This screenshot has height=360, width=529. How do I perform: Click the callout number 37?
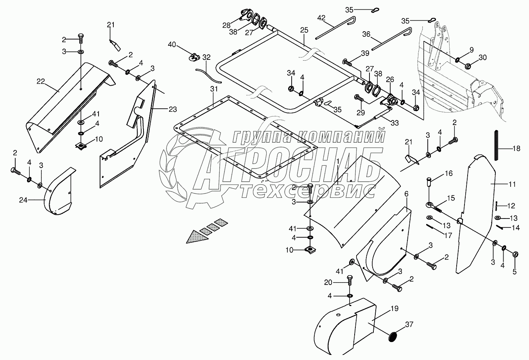[x=409, y=324]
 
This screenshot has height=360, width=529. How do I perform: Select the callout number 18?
[x=516, y=148]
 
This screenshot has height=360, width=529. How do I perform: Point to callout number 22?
[x=41, y=81]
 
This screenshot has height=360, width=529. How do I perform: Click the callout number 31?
[x=213, y=90]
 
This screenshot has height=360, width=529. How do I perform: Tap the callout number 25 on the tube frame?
[x=304, y=30]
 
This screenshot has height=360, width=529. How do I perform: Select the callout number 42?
[x=321, y=17]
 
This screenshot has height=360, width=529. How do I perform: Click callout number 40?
[x=172, y=44]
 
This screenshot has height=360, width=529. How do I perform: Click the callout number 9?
[x=471, y=50]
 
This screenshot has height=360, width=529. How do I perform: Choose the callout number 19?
[x=395, y=309]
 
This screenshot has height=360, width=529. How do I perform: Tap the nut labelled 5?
[x=515, y=254]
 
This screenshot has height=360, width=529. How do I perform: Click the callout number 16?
[x=448, y=173]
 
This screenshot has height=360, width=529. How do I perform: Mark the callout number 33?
[x=395, y=123]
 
